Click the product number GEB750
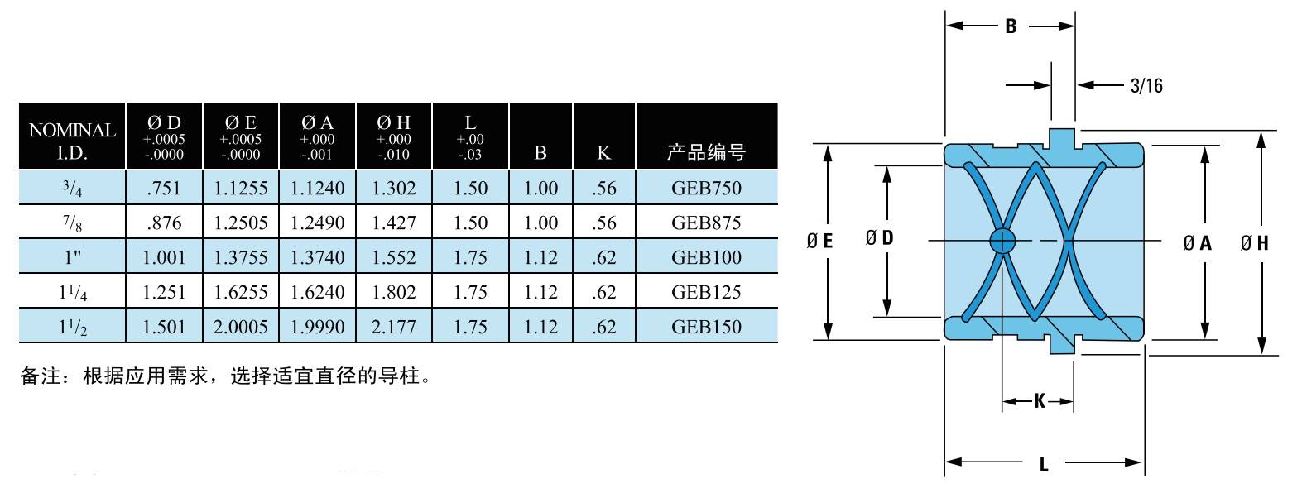point(706,188)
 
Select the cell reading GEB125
point(706,291)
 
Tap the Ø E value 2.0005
point(241,327)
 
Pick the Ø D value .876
point(165,223)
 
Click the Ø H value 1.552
point(394,257)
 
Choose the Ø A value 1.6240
point(317,291)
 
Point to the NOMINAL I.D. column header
point(73,141)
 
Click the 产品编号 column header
point(706,152)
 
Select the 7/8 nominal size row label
point(73,223)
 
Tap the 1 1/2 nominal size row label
point(73,327)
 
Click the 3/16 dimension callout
point(1146,86)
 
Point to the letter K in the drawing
point(1040,400)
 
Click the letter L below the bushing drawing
point(1044,464)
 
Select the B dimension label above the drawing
point(1011,26)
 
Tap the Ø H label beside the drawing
point(1254,242)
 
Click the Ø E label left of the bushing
point(819,241)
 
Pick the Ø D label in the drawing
point(879,237)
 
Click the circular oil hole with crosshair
point(1002,241)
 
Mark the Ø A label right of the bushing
point(1198,242)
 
